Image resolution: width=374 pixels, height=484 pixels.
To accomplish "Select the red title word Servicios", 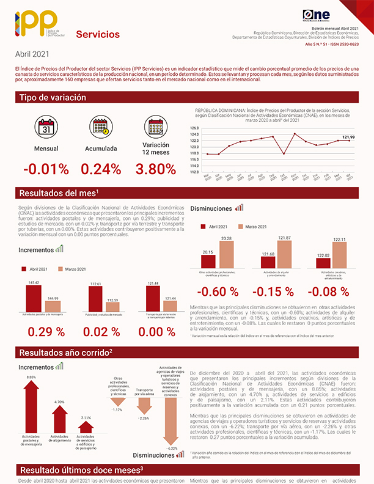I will click(98, 34).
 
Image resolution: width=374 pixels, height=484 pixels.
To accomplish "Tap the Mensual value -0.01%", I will click(46, 169).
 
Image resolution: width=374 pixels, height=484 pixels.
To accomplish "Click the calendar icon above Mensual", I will click(46, 128).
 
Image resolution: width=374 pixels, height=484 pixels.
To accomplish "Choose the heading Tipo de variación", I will click(53, 98).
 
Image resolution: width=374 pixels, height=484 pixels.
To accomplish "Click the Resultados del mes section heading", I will click(59, 193).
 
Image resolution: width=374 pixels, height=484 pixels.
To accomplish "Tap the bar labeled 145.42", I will click(34, 298).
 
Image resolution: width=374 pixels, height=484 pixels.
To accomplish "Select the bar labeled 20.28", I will click(226, 255).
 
